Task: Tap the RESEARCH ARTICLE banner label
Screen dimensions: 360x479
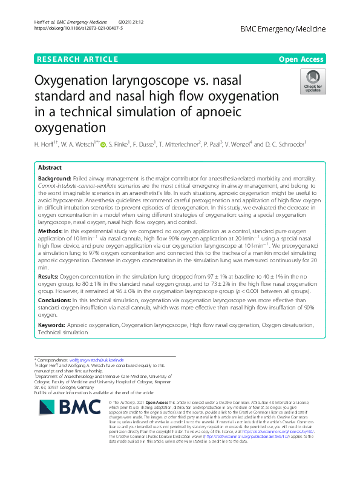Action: pos(77,59)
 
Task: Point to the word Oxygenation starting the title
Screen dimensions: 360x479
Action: pos(79,81)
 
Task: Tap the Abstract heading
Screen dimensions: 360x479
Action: pos(50,168)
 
